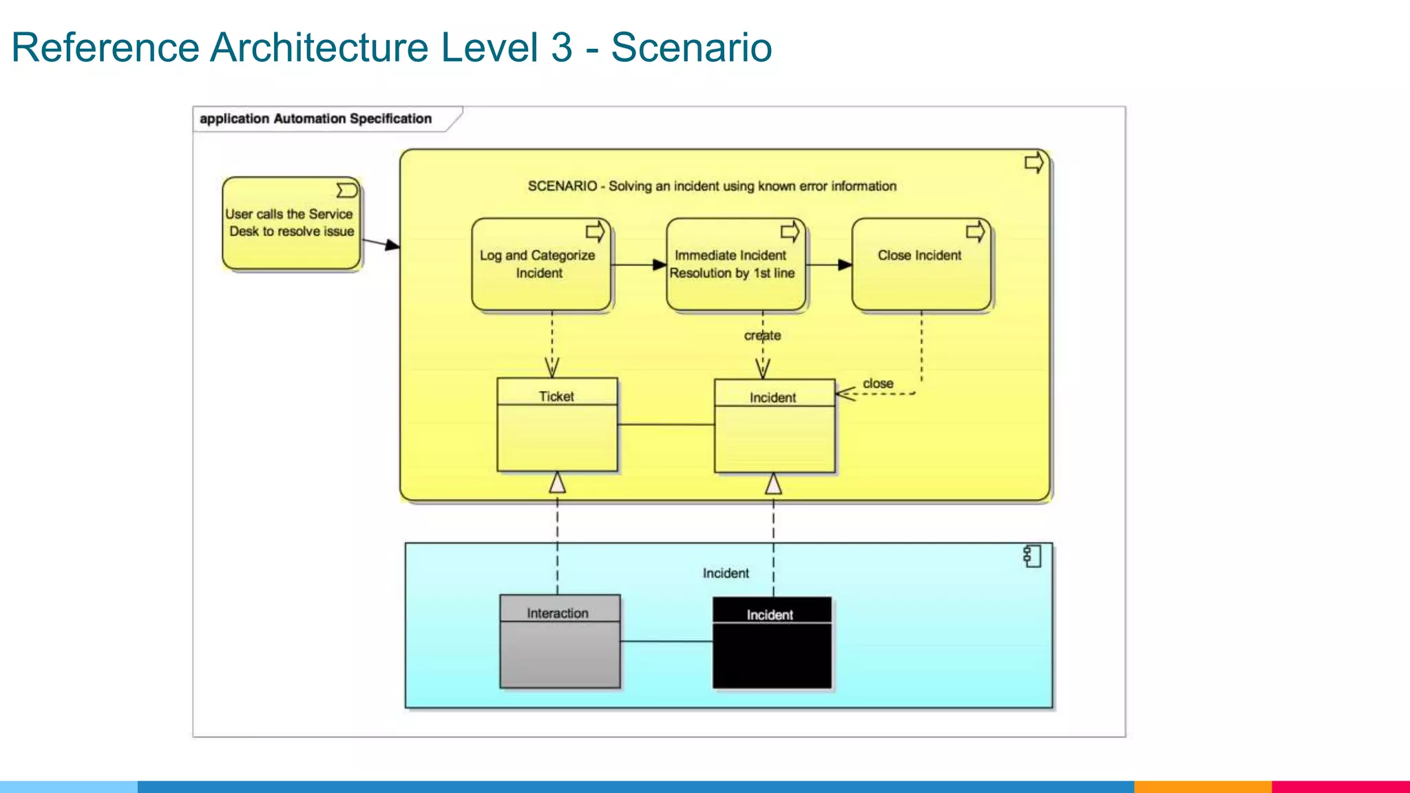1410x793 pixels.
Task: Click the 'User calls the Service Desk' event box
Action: point(291,224)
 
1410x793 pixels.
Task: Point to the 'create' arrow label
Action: point(762,336)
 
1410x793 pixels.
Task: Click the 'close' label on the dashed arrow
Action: point(878,383)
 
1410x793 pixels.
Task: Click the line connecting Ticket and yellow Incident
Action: point(666,425)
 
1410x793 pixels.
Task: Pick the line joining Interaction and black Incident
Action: point(666,642)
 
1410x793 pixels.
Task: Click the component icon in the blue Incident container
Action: point(1032,556)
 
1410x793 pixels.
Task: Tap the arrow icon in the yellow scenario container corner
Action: point(1033,163)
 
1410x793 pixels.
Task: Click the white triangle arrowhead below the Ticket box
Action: point(557,483)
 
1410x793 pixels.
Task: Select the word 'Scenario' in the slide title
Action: point(691,47)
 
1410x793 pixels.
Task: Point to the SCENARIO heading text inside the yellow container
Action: point(712,186)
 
